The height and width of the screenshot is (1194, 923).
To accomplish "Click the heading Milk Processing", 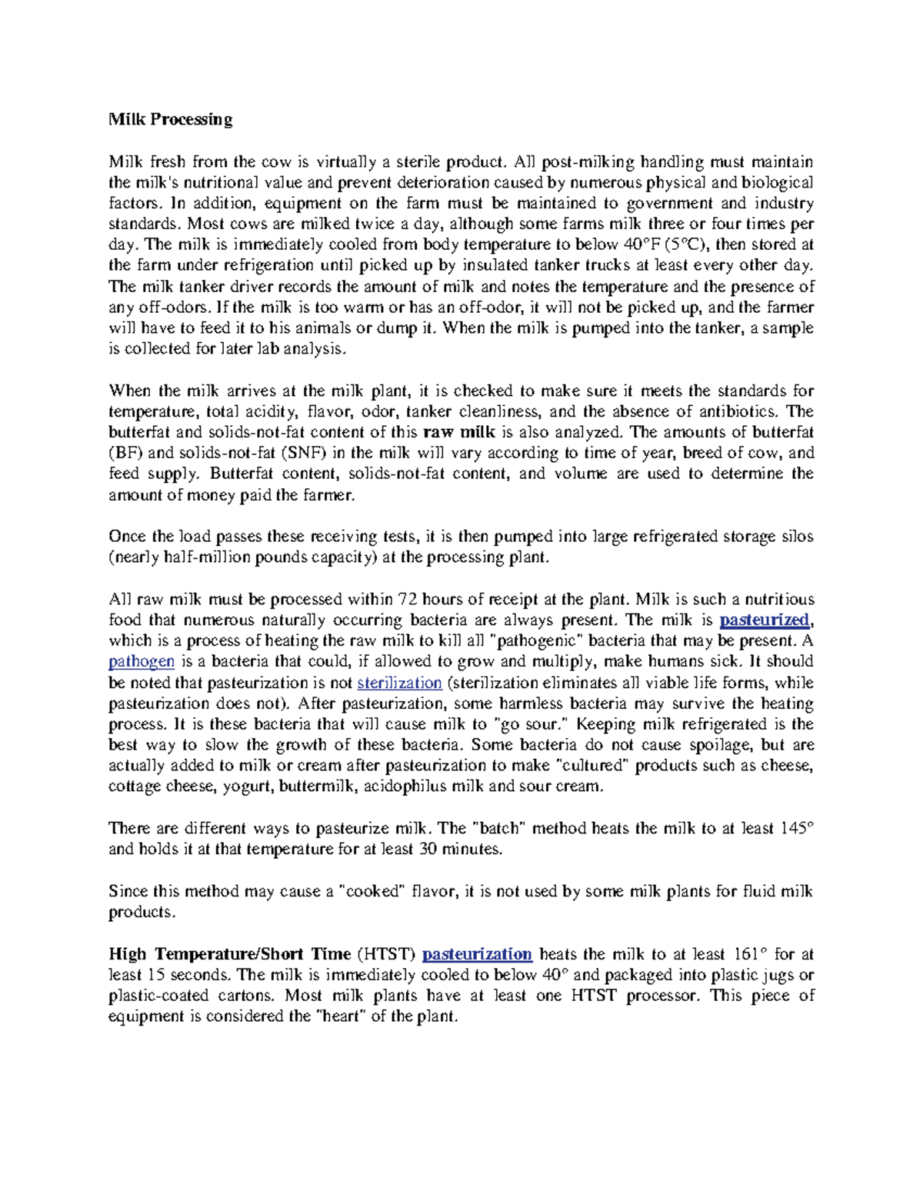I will (170, 119).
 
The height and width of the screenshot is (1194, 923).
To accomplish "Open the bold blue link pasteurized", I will (765, 620).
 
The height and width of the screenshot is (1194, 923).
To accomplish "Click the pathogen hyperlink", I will (142, 662).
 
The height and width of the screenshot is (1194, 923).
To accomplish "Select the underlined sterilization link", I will (399, 683).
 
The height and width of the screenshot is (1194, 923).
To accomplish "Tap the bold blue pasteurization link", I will (477, 954).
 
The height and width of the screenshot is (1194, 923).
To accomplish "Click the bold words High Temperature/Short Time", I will (229, 954).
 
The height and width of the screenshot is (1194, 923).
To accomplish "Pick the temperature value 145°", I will (797, 828).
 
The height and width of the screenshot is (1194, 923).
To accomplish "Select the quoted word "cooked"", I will (372, 891).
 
